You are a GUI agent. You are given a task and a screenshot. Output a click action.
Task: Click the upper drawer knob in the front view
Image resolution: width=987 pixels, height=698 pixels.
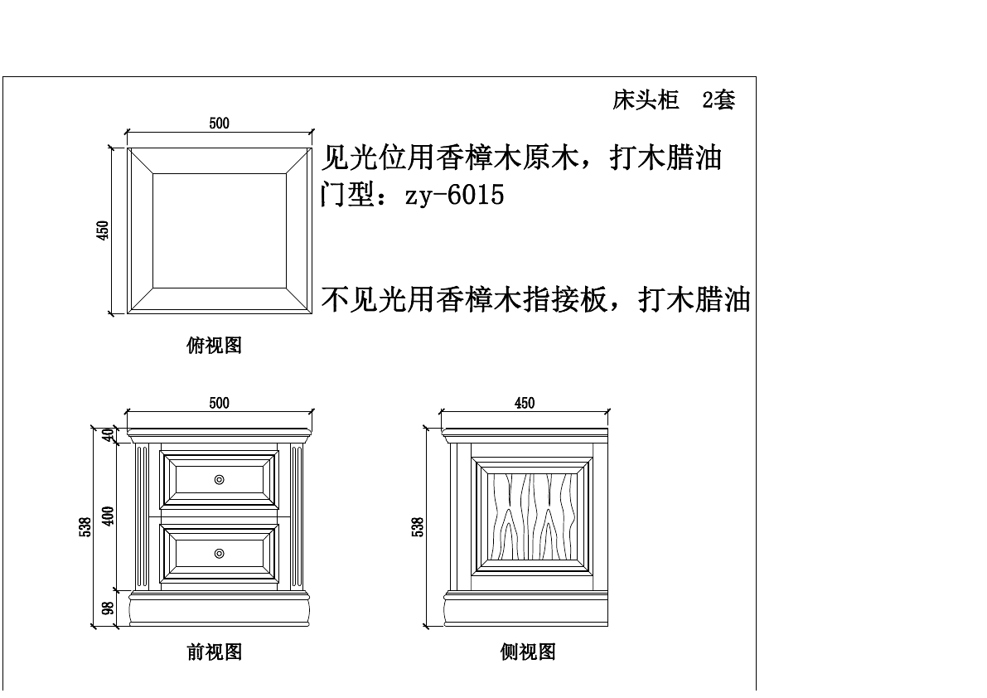219,479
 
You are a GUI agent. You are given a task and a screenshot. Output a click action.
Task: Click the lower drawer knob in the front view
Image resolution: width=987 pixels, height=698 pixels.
219,553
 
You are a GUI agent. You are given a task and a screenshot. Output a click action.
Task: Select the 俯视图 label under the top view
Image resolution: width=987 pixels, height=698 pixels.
214,346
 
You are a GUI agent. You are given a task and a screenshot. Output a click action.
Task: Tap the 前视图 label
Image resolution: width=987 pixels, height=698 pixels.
214,652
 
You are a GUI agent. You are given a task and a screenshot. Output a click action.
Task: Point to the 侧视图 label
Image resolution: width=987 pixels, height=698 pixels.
527,652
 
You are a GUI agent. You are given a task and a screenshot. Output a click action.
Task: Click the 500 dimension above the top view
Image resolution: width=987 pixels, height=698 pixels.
219,124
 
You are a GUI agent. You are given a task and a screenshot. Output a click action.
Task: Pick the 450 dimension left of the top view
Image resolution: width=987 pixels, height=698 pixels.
104,230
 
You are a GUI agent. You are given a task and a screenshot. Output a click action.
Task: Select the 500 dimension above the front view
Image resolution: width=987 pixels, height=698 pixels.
219,404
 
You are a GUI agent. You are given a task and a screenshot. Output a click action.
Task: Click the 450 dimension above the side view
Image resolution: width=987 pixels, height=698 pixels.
525,404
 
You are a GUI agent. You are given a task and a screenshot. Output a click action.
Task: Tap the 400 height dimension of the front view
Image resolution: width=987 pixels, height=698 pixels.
108,516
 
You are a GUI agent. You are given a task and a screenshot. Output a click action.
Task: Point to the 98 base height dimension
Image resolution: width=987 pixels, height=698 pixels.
108,608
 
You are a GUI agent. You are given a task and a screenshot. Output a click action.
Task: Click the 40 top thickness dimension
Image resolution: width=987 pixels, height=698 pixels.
108,435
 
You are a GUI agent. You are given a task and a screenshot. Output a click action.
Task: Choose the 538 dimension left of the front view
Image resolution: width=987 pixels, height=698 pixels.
85,527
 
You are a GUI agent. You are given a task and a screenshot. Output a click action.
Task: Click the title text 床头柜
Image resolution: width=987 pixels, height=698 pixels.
646,101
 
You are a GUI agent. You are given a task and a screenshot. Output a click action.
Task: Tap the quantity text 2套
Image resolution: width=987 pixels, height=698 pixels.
718,101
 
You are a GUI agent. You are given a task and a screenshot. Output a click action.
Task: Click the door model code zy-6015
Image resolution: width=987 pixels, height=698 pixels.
453,196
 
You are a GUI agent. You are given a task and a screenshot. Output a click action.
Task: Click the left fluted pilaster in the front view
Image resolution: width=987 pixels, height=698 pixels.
142,516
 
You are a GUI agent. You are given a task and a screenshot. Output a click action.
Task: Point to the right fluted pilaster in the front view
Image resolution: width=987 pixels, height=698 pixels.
297,516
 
